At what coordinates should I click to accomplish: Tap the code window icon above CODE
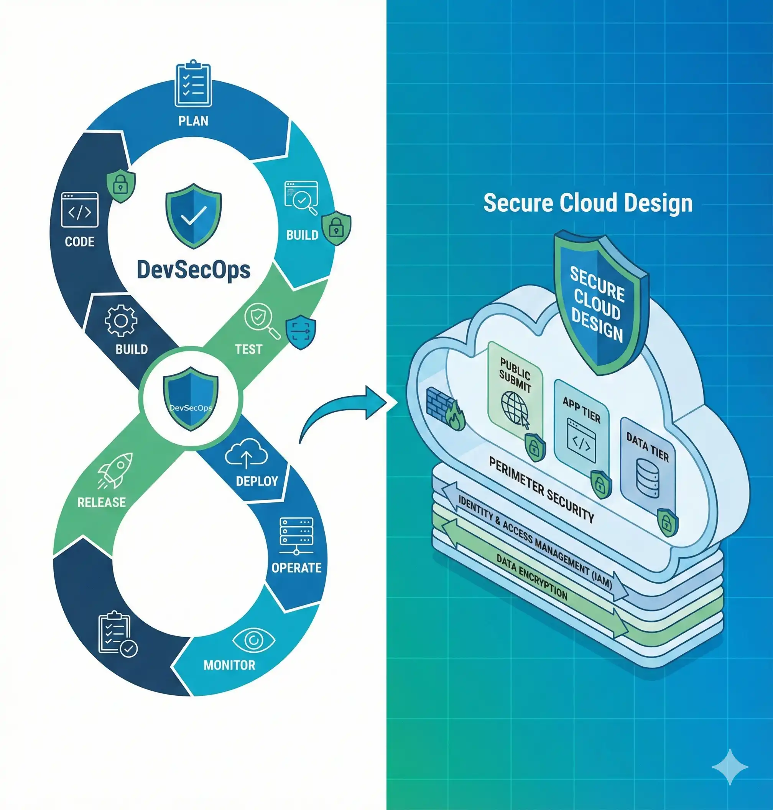pyautogui.click(x=79, y=210)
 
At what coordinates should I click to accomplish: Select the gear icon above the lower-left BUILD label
pyautogui.click(x=121, y=320)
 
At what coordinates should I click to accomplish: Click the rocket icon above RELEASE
pyautogui.click(x=116, y=470)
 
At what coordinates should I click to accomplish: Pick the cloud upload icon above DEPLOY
pyautogui.click(x=247, y=454)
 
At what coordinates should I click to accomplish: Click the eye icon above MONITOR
pyautogui.click(x=253, y=640)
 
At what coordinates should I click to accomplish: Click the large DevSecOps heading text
pyautogui.click(x=193, y=270)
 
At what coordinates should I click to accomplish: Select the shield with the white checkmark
pyautogui.click(x=193, y=216)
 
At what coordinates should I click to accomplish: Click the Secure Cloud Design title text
pyautogui.click(x=587, y=203)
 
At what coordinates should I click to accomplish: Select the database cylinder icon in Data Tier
pyautogui.click(x=647, y=479)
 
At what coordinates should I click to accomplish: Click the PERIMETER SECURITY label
pyautogui.click(x=541, y=489)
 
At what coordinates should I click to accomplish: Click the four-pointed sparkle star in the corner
pyautogui.click(x=730, y=766)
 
